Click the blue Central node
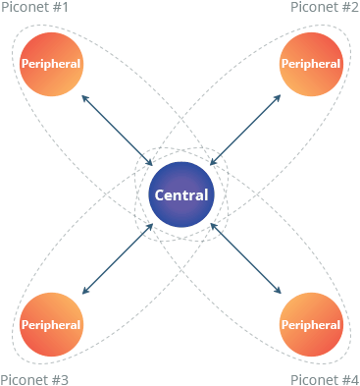pyautogui.click(x=180, y=194)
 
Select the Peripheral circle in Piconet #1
pyautogui.click(x=51, y=65)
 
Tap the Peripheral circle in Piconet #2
pyautogui.click(x=311, y=65)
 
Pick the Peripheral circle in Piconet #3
pyautogui.click(x=51, y=324)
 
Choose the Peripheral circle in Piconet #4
pyautogui.click(x=311, y=324)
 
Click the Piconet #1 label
pyautogui.click(x=35, y=8)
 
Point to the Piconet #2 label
pyautogui.click(x=325, y=8)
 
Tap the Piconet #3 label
pyautogui.click(x=35, y=379)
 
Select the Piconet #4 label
pyautogui.click(x=325, y=379)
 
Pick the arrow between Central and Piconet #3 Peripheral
pyautogui.click(x=117, y=259)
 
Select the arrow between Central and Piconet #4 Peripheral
pyautogui.click(x=245, y=259)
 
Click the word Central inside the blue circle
pyautogui.click(x=180, y=194)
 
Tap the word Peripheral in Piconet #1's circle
pyautogui.click(x=51, y=65)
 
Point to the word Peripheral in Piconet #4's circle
pyautogui.click(x=311, y=324)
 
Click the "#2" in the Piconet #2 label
pyautogui.click(x=349, y=8)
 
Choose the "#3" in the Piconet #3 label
pyautogui.click(x=60, y=379)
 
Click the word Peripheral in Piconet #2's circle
pyautogui.click(x=311, y=65)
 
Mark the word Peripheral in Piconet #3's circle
pyautogui.click(x=51, y=324)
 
